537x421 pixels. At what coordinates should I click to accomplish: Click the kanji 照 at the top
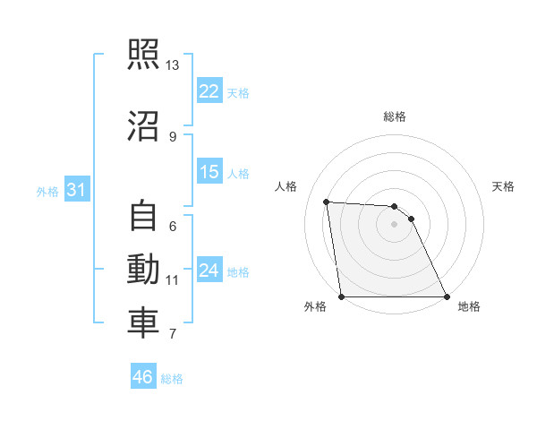(143, 56)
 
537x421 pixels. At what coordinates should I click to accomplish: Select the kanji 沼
(143, 126)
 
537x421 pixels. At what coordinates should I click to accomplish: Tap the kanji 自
(143, 216)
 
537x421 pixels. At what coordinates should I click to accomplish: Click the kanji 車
(143, 323)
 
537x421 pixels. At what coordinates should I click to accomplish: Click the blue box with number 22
(209, 91)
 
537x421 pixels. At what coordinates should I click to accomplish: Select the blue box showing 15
(209, 173)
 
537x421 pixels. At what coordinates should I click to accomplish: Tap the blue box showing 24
(209, 271)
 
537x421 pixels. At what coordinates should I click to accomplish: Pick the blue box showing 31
(77, 191)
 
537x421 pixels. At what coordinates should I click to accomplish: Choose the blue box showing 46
(143, 377)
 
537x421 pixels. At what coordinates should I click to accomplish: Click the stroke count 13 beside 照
(172, 65)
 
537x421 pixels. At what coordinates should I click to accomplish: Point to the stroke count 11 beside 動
(172, 279)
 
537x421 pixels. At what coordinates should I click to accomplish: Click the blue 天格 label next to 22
(238, 92)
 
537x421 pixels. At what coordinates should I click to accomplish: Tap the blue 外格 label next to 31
(47, 192)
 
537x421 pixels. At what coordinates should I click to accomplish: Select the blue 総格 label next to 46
(172, 379)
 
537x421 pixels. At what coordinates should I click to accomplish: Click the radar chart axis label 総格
(394, 116)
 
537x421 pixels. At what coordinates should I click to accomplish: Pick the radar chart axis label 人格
(287, 186)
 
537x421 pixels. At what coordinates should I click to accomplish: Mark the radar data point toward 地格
(446, 296)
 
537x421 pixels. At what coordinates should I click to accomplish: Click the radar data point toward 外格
(342, 296)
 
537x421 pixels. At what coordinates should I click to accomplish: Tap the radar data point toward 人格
(327, 202)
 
